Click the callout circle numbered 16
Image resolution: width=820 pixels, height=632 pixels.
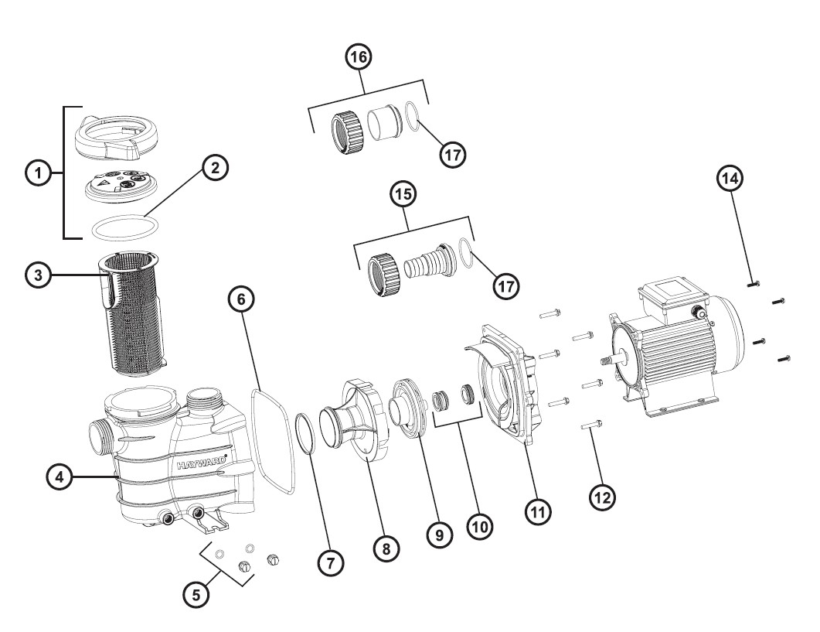[359, 56]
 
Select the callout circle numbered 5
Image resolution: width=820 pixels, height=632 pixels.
[196, 594]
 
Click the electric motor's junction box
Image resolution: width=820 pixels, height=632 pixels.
[672, 297]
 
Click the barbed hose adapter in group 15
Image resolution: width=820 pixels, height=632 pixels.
[426, 261]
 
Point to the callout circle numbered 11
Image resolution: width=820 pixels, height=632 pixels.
[538, 511]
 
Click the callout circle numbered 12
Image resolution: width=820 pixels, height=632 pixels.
[603, 497]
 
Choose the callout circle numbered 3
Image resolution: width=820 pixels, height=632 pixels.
[39, 275]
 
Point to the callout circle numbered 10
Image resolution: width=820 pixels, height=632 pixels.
[479, 526]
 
